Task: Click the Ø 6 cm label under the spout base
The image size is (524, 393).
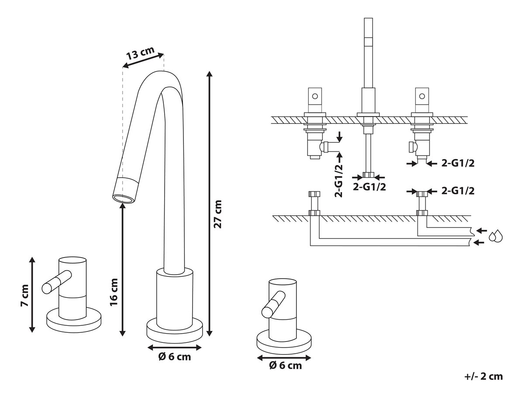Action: tap(175, 357)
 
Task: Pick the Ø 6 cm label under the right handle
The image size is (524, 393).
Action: tap(286, 365)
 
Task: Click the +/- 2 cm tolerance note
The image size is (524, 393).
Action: tap(484, 376)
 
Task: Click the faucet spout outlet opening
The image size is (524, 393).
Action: tap(124, 198)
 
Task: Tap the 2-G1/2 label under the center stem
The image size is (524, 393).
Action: tap(369, 187)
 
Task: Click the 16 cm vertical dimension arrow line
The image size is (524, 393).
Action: tap(123, 271)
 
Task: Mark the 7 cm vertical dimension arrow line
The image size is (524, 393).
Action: tap(32, 295)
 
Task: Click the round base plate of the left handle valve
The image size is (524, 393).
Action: tap(74, 322)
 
